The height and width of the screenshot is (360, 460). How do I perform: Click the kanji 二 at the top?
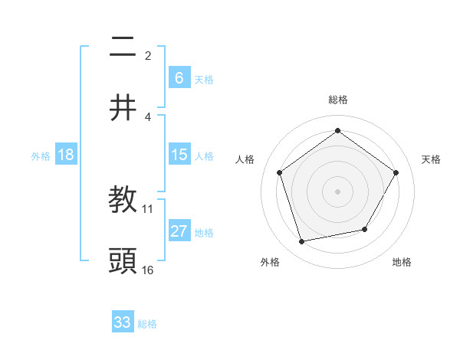pyautogui.click(x=123, y=47)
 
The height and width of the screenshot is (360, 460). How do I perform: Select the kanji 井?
pyautogui.click(x=123, y=109)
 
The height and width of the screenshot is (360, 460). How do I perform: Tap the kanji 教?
pyautogui.click(x=123, y=201)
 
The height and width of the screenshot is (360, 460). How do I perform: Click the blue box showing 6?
pyautogui.click(x=179, y=77)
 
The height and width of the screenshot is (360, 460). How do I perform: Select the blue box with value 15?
pyautogui.click(x=179, y=155)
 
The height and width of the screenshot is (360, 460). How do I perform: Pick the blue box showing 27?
pyautogui.click(x=179, y=231)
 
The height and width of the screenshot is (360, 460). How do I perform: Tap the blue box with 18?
pyautogui.click(x=66, y=155)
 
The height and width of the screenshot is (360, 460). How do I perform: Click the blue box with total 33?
pyautogui.click(x=123, y=322)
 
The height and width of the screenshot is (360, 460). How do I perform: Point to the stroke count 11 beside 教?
pyautogui.click(x=148, y=208)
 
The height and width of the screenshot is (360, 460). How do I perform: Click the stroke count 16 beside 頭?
pyautogui.click(x=148, y=270)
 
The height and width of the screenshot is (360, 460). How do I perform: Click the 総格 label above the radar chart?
pyautogui.click(x=338, y=100)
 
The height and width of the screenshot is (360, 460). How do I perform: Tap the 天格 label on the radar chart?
pyautogui.click(x=432, y=159)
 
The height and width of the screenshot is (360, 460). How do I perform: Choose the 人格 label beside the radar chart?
pyautogui.click(x=245, y=159)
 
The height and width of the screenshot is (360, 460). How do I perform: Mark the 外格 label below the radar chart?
pyautogui.click(x=270, y=263)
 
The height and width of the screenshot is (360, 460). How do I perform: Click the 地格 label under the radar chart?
pyautogui.click(x=402, y=263)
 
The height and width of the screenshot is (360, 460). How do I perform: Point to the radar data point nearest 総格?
pyautogui.click(x=337, y=131)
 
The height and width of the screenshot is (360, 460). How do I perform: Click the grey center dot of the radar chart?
pyautogui.click(x=337, y=191)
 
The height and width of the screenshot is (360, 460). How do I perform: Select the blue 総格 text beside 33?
pyautogui.click(x=147, y=324)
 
